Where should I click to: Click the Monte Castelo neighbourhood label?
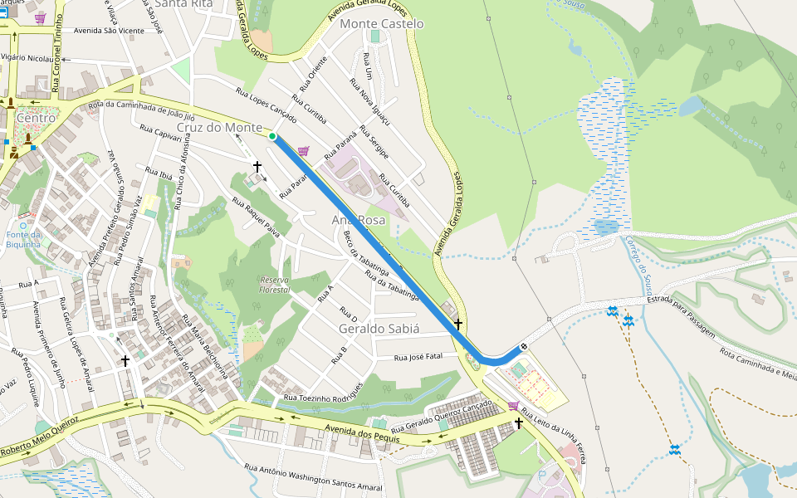[x=381, y=24]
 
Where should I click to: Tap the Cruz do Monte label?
[x=220, y=127]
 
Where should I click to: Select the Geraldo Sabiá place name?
[x=379, y=329]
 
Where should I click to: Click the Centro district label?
[x=36, y=118]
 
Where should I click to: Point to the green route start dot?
[x=272, y=135]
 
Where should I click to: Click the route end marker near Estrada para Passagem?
[x=524, y=346]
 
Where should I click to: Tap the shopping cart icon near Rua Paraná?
[x=303, y=151]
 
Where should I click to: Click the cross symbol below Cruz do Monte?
[x=257, y=167]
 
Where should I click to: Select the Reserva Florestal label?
[x=275, y=284]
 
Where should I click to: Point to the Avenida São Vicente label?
[x=109, y=31]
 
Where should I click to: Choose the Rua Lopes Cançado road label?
[x=266, y=103]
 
